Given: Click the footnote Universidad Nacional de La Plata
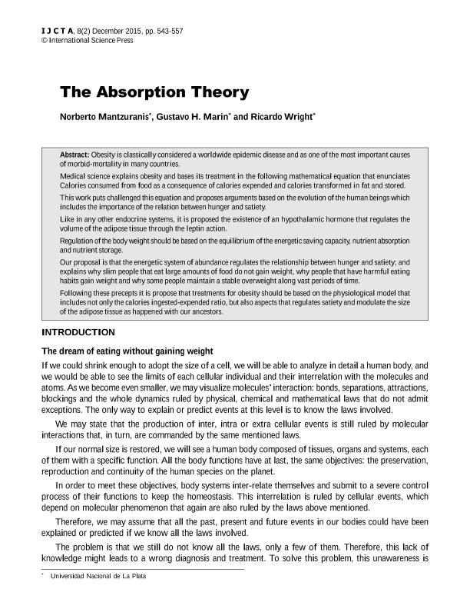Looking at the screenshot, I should click(x=98, y=576).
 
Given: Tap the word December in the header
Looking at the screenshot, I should click(x=100, y=32).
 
